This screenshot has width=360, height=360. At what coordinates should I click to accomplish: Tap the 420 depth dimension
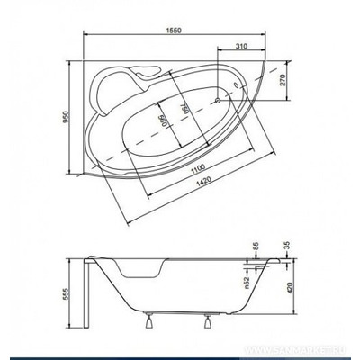tap(287, 291)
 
